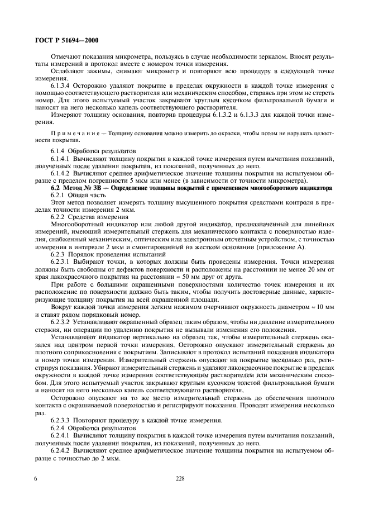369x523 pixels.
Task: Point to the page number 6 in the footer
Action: (x=36, y=478)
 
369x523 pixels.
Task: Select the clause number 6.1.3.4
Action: (x=64, y=85)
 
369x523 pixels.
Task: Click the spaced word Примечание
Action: (x=73, y=135)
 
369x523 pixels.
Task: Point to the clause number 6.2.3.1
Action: (x=64, y=260)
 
